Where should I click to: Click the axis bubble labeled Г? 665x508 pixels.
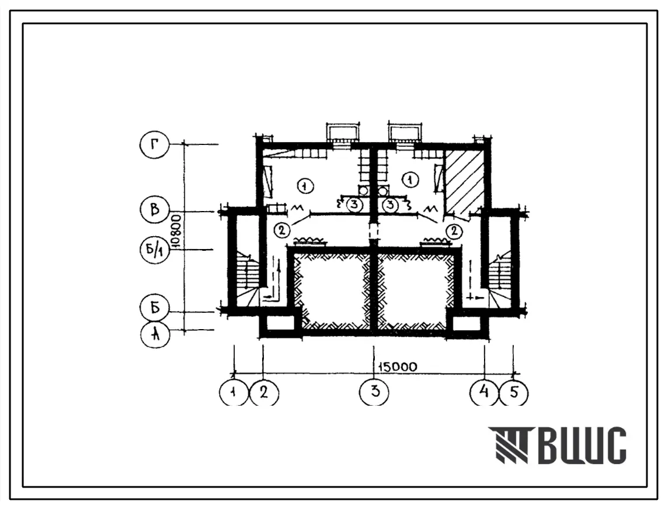[x=154, y=145]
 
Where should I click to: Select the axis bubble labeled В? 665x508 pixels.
[x=155, y=210]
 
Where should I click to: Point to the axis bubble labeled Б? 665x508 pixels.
[x=155, y=307]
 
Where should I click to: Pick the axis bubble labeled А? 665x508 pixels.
[x=156, y=334]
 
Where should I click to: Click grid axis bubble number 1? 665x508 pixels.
[x=233, y=392]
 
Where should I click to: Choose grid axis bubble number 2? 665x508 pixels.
[x=264, y=392]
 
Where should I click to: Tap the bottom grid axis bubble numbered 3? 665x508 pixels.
[x=374, y=391]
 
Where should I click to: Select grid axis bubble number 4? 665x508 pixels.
[x=484, y=391]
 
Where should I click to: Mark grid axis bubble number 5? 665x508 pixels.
[x=514, y=392]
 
